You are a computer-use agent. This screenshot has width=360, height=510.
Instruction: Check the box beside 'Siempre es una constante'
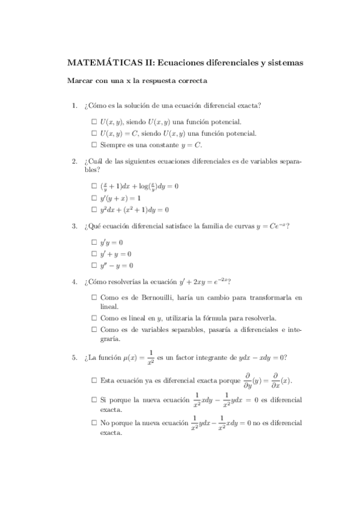click(94, 145)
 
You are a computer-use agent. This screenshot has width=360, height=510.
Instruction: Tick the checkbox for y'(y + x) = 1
click(94, 198)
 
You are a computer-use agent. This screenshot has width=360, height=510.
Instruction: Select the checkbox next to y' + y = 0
click(94, 254)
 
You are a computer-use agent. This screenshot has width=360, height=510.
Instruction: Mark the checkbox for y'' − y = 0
click(94, 265)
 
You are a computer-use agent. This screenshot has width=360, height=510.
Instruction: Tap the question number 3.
click(74, 226)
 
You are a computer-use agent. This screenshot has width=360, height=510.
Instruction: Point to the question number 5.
click(74, 358)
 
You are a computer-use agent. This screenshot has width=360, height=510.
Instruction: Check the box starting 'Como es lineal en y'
click(94, 318)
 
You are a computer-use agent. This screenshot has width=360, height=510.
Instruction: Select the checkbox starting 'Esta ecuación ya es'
click(94, 381)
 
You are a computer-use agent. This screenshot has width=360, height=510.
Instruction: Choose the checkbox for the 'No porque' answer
click(94, 423)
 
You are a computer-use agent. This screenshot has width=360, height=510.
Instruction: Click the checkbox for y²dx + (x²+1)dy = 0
click(94, 210)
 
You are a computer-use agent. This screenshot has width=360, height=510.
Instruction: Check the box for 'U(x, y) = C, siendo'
click(94, 134)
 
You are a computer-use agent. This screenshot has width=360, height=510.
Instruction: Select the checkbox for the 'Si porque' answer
click(94, 399)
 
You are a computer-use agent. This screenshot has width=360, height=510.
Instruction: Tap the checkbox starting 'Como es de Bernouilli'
click(94, 297)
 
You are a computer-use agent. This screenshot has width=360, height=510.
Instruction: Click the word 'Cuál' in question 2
click(97, 161)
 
